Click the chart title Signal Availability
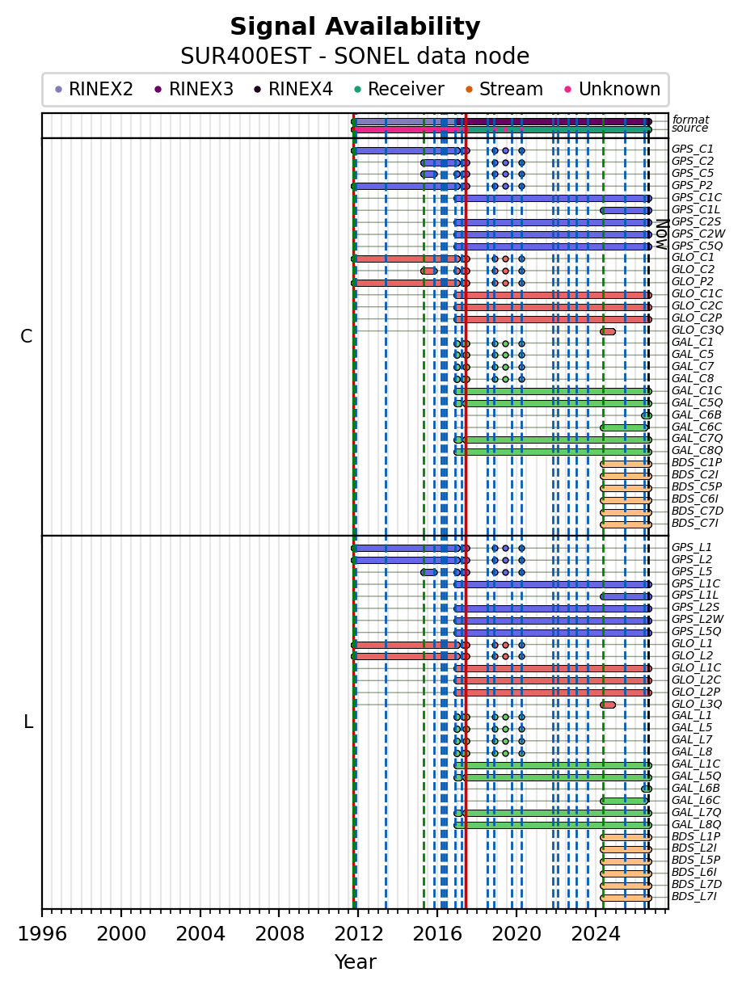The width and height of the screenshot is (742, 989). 355,27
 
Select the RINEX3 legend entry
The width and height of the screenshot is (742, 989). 194,89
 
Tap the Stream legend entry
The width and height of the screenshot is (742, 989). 504,89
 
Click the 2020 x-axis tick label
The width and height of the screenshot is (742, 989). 516,933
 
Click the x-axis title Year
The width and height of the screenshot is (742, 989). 355,962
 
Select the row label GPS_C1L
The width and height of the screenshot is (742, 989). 696,209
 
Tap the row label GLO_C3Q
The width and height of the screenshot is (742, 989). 698,330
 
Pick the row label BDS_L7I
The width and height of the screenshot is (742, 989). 694,896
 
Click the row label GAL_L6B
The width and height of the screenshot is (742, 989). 696,788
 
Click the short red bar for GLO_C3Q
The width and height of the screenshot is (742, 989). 608,331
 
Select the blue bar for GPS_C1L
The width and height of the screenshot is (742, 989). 626,210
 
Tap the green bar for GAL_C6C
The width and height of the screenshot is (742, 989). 624,427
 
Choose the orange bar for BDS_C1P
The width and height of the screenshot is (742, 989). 626,464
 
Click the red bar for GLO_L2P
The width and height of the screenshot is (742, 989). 553,692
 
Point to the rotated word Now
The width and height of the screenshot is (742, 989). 662,234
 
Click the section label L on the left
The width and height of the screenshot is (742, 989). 28,722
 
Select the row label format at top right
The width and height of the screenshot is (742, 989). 690,120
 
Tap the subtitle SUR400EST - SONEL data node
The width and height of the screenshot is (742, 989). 355,57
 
